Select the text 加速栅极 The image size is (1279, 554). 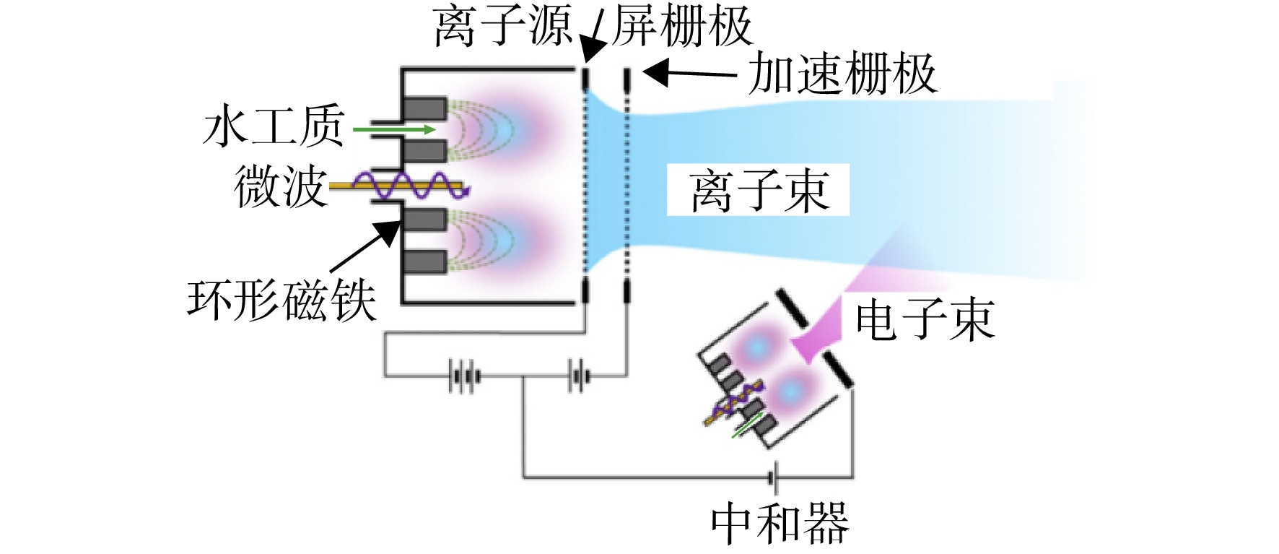pos(842,73)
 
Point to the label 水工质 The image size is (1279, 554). pos(274,126)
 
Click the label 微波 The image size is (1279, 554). pos(280,186)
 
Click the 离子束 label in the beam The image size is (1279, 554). pos(758,191)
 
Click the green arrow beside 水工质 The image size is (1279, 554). pos(394,129)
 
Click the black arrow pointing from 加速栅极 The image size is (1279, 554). pos(689,72)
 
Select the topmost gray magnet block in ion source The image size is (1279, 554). pos(424,108)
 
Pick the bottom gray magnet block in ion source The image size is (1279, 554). pos(424,261)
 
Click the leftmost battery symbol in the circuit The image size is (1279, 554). pos(463,376)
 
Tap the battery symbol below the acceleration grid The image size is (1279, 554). pos(578,376)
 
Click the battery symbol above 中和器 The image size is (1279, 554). pos(772,477)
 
